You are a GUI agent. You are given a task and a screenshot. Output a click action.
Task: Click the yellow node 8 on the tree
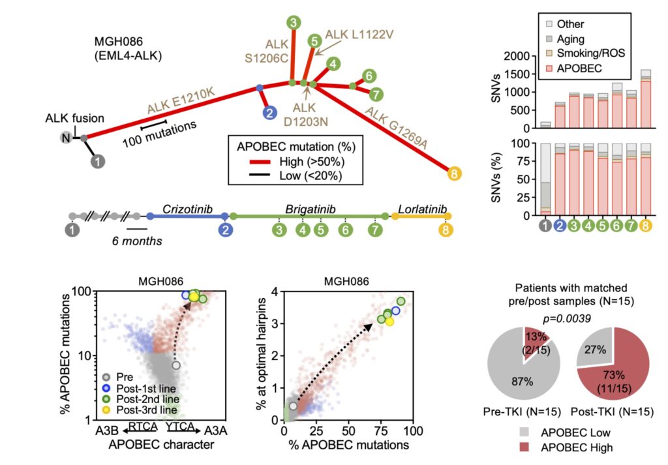coord(455,173)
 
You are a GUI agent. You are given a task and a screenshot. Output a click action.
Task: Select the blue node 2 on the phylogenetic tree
coord(268,113)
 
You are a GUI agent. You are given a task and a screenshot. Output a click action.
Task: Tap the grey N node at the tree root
coord(67,137)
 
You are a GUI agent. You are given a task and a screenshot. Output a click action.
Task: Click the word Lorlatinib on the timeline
coord(421,209)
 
